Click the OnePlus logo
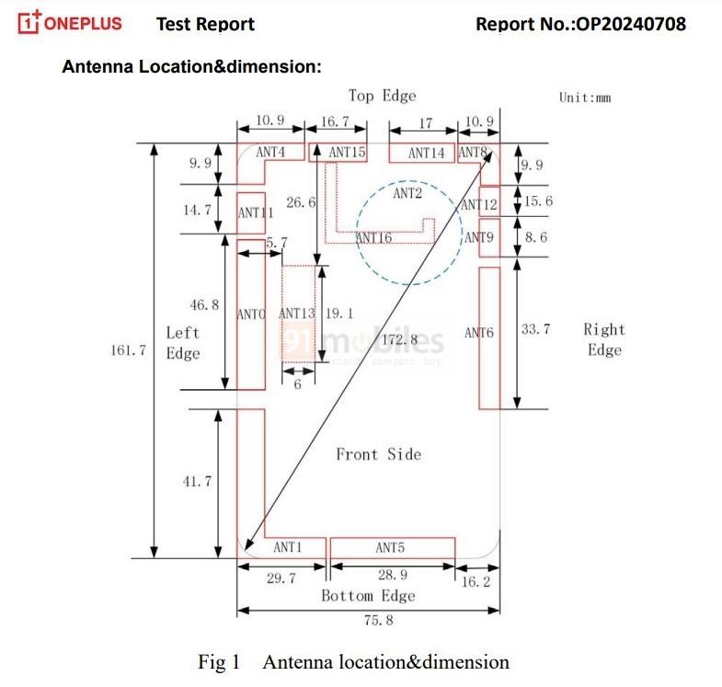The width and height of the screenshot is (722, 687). [70, 22]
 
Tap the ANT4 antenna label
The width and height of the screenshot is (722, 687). [270, 152]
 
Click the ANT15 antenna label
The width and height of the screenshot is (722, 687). [348, 152]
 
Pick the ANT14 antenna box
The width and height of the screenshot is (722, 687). [426, 153]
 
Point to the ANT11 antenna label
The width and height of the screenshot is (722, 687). [257, 212]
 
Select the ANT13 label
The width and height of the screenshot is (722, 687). [297, 314]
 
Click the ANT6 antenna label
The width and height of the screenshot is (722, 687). [479, 332]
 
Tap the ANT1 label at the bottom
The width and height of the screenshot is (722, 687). [288, 547]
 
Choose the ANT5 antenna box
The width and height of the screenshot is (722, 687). [391, 548]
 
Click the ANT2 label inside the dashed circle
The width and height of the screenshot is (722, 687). [407, 193]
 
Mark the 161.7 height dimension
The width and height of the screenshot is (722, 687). [129, 350]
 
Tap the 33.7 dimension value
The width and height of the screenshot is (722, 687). [535, 328]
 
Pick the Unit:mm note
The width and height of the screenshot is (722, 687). [585, 97]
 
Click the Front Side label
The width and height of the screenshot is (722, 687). [378, 454]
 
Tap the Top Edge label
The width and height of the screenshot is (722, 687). [382, 96]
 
